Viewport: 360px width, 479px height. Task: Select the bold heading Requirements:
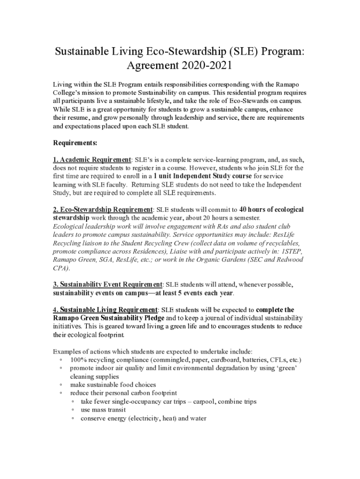click(75, 143)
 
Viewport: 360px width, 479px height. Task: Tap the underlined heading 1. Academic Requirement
click(92, 160)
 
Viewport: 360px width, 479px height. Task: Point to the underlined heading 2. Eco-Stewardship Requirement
click(103, 210)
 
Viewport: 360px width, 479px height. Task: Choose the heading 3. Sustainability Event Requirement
click(108, 284)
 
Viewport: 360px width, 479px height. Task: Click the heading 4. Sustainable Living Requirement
click(105, 310)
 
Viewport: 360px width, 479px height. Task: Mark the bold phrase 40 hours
click(257, 210)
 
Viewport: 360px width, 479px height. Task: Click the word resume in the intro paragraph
click(78, 118)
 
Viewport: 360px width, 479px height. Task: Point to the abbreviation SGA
click(107, 260)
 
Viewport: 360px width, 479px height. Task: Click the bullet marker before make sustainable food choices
click(61, 385)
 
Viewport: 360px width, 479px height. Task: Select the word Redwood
click(289, 260)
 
